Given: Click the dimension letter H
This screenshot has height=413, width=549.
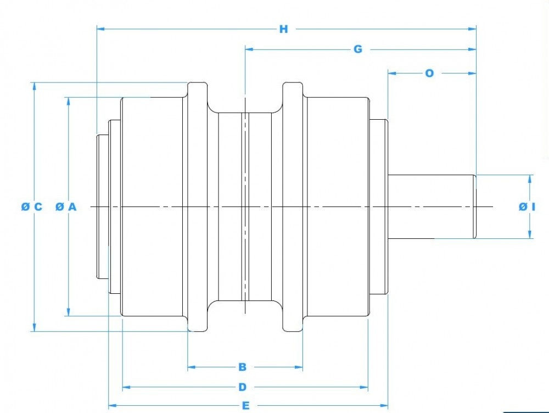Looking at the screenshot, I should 283,29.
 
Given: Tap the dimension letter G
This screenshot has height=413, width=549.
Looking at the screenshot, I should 357,49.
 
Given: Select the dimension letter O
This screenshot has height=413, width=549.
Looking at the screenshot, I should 429,72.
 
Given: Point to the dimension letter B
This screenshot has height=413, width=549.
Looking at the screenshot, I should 242,367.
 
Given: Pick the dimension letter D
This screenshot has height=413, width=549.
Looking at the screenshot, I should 243,387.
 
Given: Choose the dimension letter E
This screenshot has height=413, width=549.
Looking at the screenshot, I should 246,406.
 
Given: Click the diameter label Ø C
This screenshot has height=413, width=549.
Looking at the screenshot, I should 31,206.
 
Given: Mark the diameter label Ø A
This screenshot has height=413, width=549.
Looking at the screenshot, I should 66,206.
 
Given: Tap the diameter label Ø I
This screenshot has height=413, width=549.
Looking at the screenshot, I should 526,206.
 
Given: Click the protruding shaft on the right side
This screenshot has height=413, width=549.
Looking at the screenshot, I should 431,206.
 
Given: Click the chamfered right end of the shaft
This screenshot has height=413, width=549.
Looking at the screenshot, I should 475,206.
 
